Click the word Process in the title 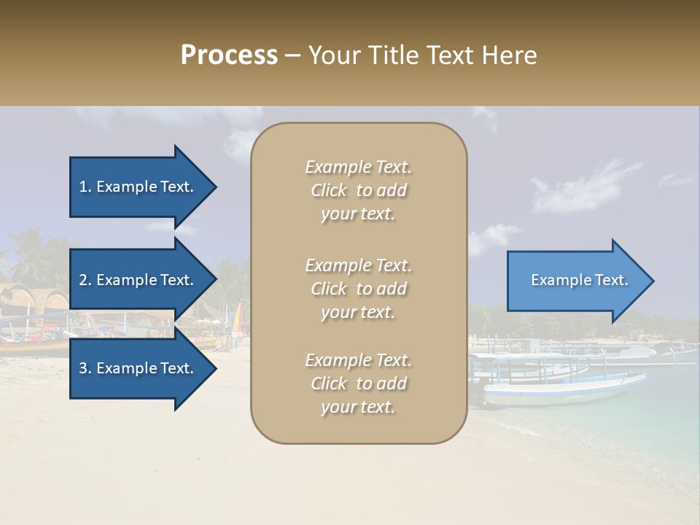coord(229,55)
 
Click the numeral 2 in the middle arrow coord(83,280)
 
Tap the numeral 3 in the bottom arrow coord(83,368)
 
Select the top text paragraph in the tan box coord(358,190)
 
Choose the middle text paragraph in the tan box coord(358,289)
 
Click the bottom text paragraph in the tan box coord(358,384)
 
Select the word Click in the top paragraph coord(329,190)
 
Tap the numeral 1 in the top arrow coord(82,187)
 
